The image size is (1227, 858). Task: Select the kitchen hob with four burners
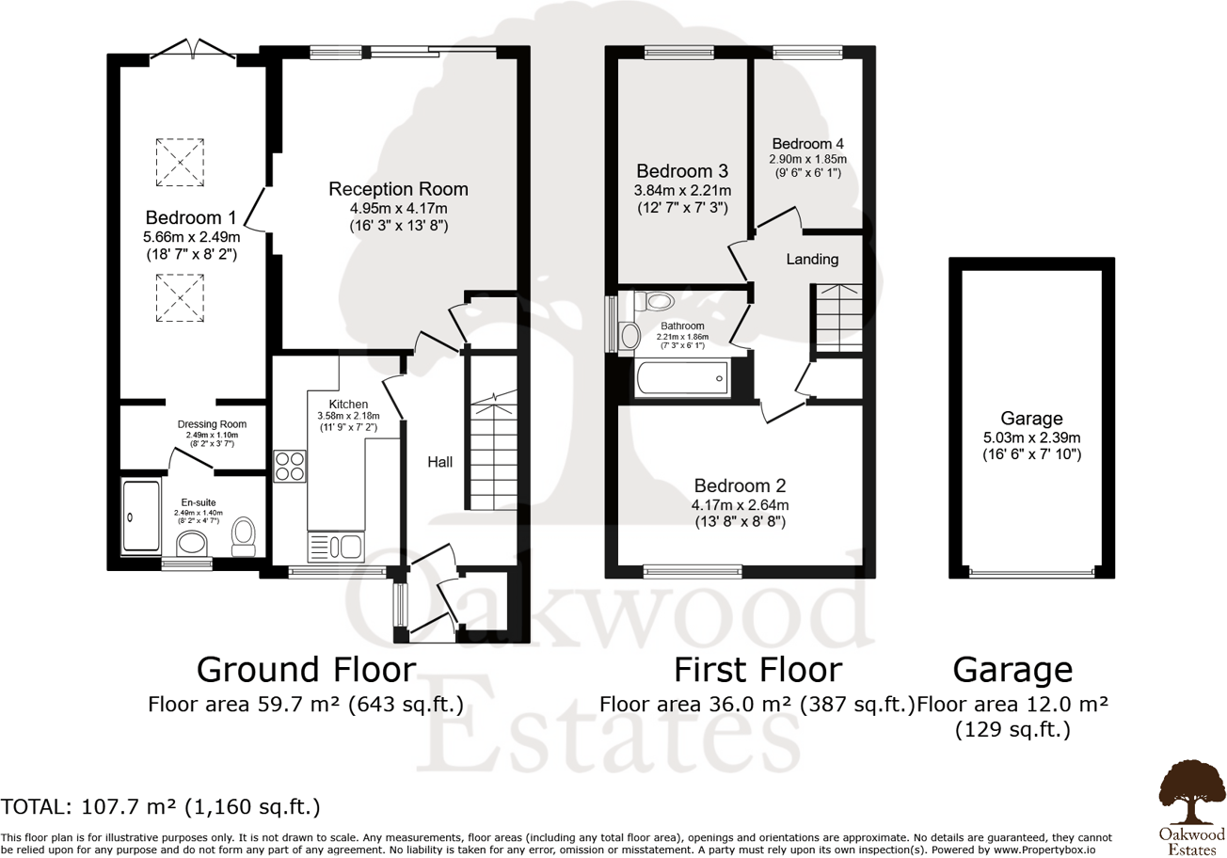point(290,466)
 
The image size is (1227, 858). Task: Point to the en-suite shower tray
point(141,516)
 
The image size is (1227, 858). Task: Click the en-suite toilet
point(244,534)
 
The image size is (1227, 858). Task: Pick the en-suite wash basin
point(192,542)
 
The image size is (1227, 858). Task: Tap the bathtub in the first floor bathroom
point(681,378)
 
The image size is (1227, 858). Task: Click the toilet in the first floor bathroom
point(655,302)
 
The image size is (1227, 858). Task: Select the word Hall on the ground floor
point(440,462)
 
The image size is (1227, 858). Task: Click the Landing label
point(812,259)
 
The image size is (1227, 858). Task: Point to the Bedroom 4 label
point(807,144)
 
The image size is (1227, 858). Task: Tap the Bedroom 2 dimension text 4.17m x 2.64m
point(740,504)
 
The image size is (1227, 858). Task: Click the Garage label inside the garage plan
point(1031,419)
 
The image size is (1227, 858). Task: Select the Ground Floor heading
point(306,670)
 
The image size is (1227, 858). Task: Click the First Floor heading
point(757,670)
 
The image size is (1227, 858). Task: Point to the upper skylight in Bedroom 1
point(180,161)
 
